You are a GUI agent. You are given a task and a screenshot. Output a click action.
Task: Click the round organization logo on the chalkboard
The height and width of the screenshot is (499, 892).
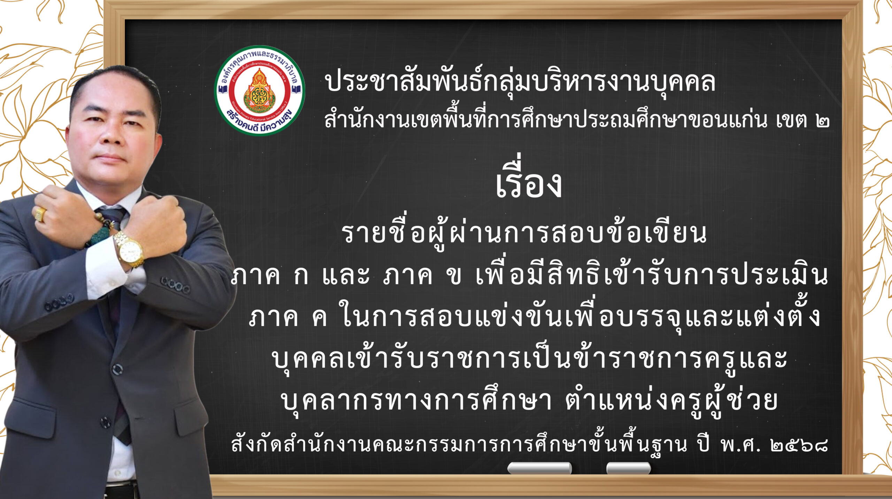[x=260, y=90]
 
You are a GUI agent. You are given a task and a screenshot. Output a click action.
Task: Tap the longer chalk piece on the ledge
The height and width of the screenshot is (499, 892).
[x=539, y=468]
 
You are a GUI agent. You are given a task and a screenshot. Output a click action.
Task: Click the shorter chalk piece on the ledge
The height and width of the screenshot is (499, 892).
[x=628, y=468]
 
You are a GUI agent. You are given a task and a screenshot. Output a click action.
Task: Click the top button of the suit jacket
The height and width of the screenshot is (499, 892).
[x=117, y=368]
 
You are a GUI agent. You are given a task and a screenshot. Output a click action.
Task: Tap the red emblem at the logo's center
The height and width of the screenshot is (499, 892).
[x=259, y=90]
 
